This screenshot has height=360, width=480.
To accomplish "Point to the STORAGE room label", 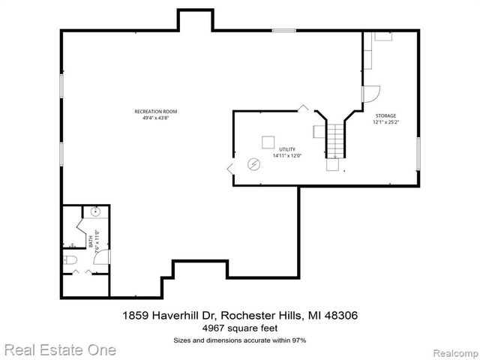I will tap(386, 115).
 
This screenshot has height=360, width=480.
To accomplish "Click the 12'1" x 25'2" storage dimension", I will tap(386, 121).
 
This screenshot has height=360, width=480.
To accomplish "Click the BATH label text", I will tap(91, 242).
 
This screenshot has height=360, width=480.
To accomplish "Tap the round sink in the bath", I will tap(96, 212).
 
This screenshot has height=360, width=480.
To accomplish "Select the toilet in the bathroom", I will tap(69, 261).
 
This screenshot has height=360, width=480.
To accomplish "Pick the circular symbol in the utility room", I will tap(254, 163).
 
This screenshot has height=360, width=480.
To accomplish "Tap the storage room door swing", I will tap(371, 94).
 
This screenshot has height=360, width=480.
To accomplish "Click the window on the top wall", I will tap(283, 30).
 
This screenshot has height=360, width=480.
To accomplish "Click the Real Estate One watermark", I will tap(59, 349).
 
